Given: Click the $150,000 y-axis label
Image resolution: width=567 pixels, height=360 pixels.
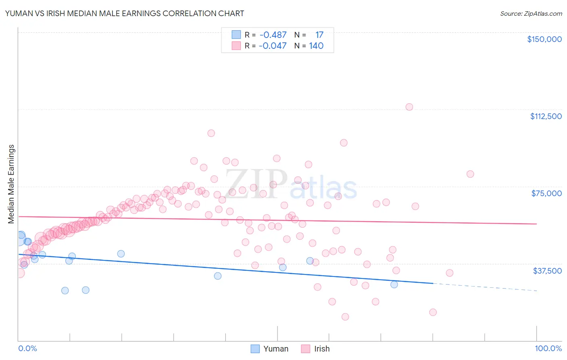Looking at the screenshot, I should pos(544,39).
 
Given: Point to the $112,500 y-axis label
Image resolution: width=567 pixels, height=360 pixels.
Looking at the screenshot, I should pos(546,116).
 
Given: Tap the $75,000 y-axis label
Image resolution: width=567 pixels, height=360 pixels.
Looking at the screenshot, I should pos(546,193).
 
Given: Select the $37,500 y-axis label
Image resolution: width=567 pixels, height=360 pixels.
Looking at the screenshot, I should pos(547,271).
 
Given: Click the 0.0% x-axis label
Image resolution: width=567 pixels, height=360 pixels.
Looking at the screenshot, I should pos(27,348).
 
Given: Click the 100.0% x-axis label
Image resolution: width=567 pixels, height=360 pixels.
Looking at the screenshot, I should pos(548,348).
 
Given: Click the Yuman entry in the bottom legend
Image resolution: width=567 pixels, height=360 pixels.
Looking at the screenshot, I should pos(270,349).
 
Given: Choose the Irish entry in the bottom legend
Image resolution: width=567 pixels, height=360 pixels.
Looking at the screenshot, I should pos(315,349).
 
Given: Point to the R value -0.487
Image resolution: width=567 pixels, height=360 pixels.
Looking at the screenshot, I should pos(273,35).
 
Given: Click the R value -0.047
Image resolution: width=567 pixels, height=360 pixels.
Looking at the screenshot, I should pos(273,46).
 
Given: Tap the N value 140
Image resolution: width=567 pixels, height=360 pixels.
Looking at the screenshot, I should pos(316,46).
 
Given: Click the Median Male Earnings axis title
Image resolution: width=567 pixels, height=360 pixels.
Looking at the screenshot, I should pos(11,184).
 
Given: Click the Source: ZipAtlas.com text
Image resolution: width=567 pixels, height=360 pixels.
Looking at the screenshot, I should pos(531,13).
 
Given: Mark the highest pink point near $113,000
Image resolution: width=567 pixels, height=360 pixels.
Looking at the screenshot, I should pos(409,107).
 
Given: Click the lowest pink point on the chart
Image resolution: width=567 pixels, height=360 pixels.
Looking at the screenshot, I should pos(345,317).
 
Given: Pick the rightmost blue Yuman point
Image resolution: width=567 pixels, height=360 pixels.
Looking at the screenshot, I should pos(394,284).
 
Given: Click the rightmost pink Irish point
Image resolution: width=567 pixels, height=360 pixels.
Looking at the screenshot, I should pos(470,174).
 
